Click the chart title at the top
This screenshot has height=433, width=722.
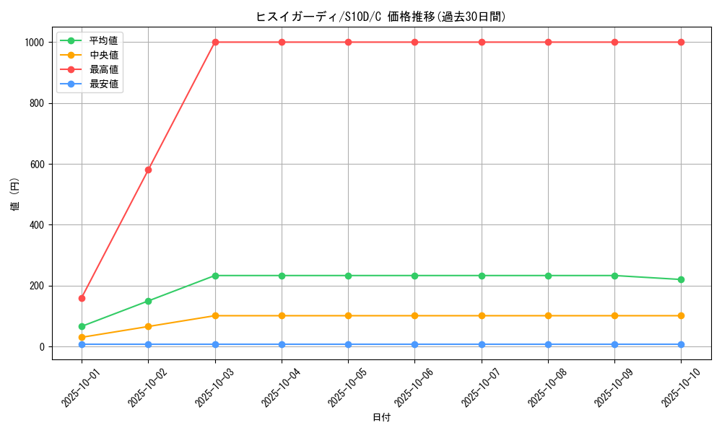(381, 17)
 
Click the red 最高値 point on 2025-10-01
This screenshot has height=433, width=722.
(82, 298)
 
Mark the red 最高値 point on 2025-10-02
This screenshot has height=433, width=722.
(148, 170)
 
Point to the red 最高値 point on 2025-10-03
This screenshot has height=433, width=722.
(215, 42)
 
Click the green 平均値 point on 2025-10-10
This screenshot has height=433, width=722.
(681, 279)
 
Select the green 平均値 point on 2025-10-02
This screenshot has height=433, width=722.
(148, 301)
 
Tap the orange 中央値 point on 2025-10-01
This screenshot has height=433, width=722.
(82, 337)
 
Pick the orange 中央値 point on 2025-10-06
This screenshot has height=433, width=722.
(414, 315)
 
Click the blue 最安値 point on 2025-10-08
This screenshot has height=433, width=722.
(548, 344)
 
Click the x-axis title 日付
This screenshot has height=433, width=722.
(381, 418)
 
